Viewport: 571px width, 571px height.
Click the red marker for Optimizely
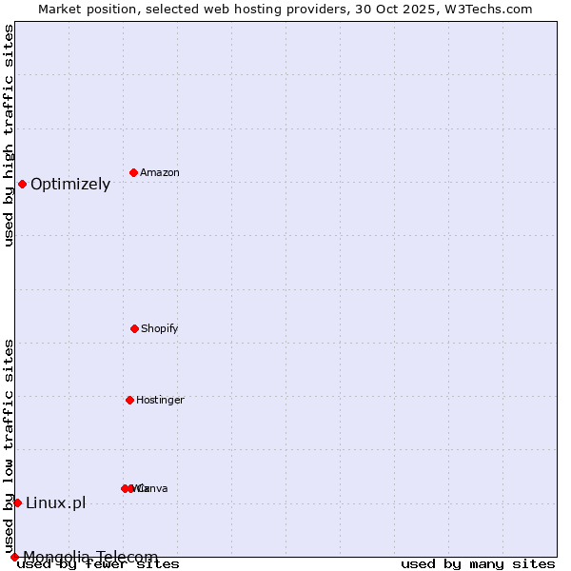point(22,184)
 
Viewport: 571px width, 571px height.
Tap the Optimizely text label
point(70,185)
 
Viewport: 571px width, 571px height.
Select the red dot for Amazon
point(134,172)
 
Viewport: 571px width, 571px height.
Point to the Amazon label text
point(160,173)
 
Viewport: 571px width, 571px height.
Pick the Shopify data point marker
point(134,328)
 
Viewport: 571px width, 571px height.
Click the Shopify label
point(160,329)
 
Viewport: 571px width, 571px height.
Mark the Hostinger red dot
point(129,400)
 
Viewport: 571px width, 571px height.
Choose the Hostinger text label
point(160,401)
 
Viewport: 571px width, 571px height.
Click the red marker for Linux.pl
point(17,502)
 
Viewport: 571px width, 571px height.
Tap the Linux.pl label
point(55,503)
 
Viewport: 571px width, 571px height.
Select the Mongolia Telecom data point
point(14,557)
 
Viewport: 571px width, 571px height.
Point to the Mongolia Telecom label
point(90,557)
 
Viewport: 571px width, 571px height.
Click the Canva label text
point(154,489)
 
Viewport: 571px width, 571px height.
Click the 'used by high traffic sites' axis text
point(9,135)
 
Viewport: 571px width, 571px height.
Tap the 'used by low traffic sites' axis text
point(9,445)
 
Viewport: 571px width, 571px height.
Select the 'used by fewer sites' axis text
point(98,564)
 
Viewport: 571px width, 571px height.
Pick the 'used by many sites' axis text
point(478,564)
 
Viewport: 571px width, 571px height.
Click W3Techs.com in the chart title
point(485,9)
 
